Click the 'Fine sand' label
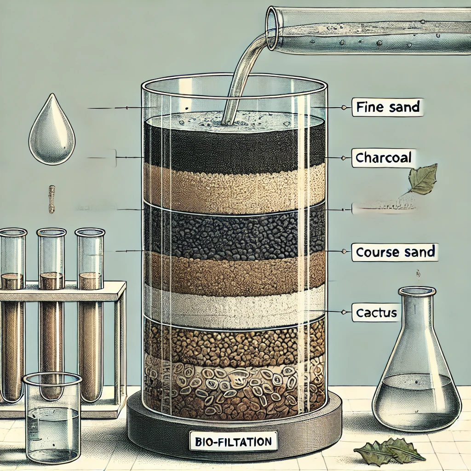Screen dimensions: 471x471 click(388, 107)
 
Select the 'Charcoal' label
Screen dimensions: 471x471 click(383, 158)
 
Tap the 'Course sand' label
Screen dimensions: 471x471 click(395, 252)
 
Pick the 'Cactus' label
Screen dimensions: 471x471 click(376, 313)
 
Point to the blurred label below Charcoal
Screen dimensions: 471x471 click(384, 207)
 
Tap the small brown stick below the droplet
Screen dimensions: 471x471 click(52, 199)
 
